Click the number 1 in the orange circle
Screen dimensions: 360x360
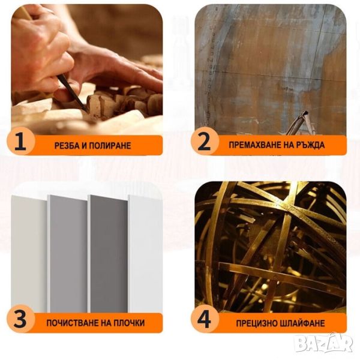click(21, 141)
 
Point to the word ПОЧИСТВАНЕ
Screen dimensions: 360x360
click(73, 323)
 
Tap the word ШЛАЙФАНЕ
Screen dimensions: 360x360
click(303, 323)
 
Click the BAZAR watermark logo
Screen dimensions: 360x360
click(324, 343)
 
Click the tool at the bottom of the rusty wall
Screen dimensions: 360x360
click(298, 124)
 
